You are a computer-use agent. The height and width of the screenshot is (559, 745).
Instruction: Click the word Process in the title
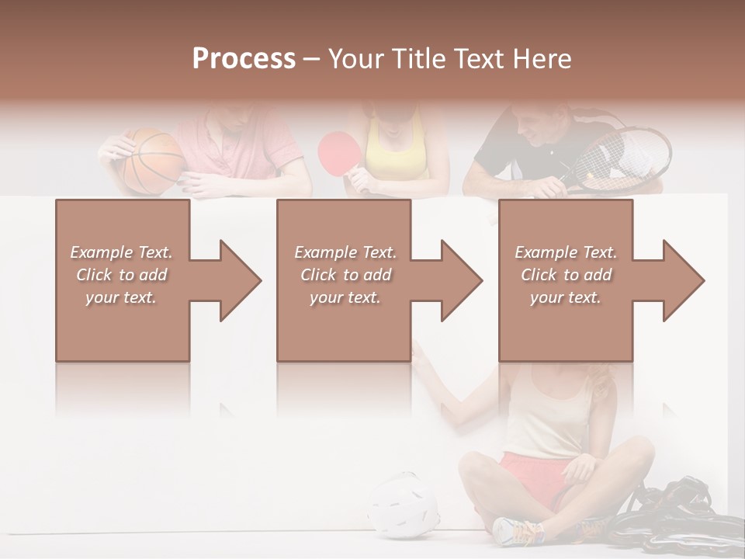pyautogui.click(x=244, y=59)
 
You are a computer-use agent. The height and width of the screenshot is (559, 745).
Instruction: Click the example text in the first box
pyautogui.click(x=121, y=275)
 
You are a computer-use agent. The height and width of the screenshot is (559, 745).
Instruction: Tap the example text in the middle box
pyautogui.click(x=345, y=275)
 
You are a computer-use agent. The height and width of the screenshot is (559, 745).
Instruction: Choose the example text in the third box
pyautogui.click(x=566, y=275)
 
